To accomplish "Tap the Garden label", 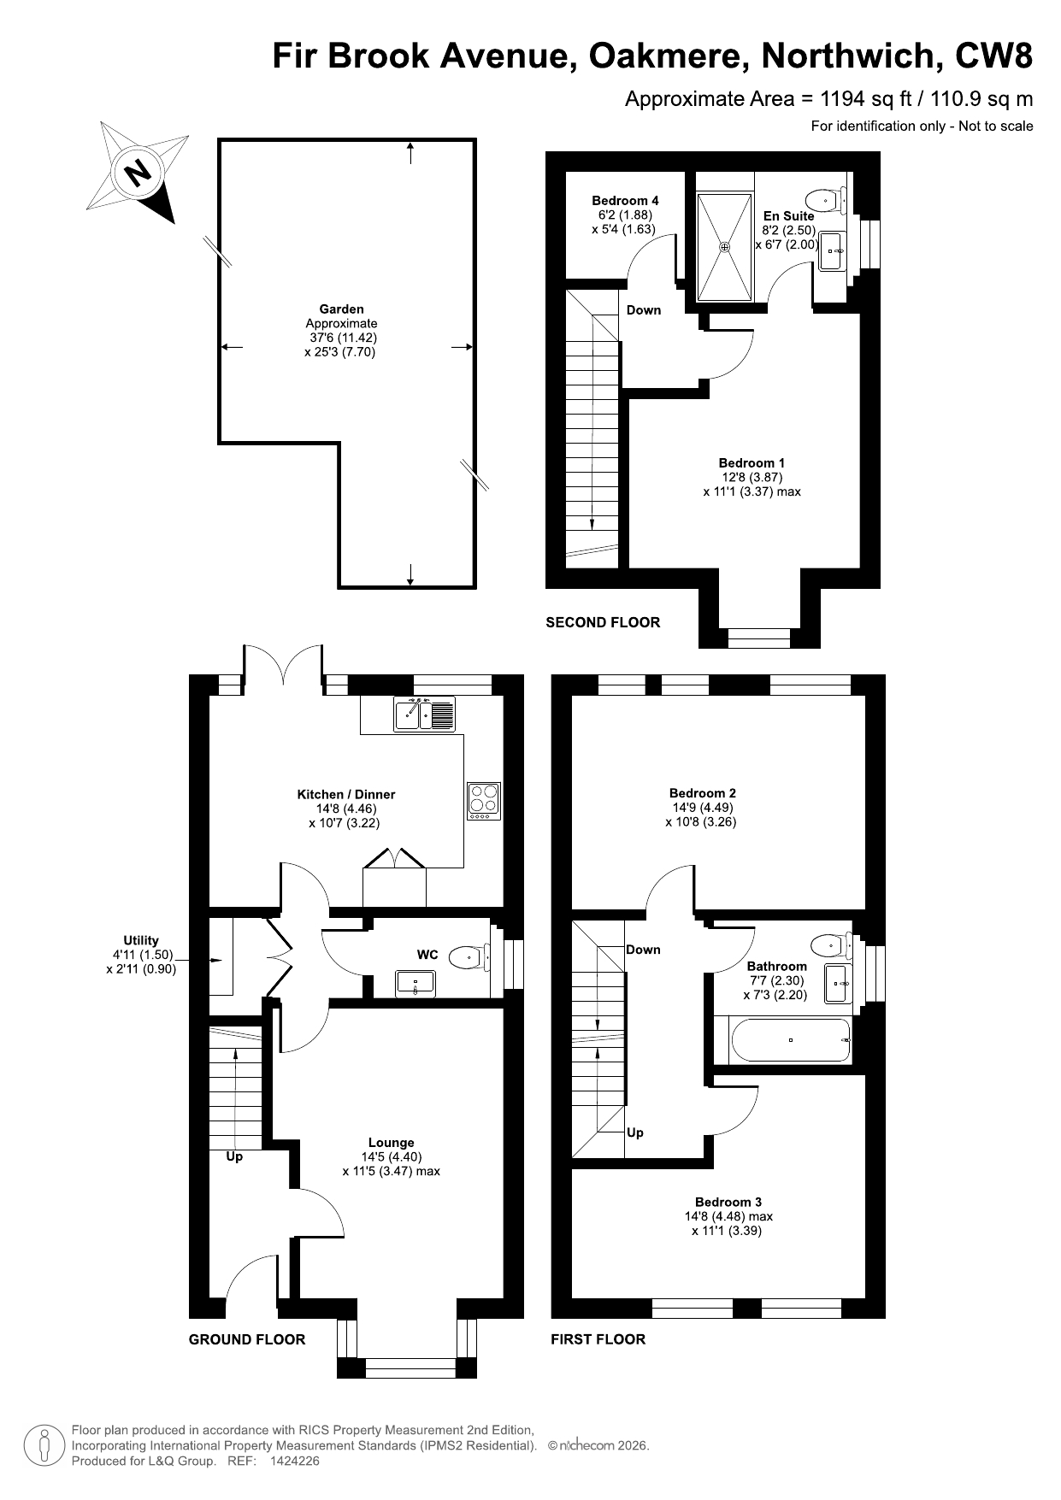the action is coord(341,309).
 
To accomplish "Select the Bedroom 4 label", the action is coord(625,201).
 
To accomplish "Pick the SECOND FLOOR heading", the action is coord(603,622).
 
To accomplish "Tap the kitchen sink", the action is coord(425,714).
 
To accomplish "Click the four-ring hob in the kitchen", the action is coord(484,802).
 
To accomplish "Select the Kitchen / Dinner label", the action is coord(345,794).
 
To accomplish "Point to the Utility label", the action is coord(141,940).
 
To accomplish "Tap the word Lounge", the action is coord(392,1142).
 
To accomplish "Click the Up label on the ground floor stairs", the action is coord(234,1156).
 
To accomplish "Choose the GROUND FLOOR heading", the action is coord(246,1339).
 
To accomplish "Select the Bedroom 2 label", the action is coord(702,792).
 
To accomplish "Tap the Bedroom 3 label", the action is coord(728,1202).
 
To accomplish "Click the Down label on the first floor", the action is coord(643,950).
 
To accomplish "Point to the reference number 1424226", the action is coord(294,1462).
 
